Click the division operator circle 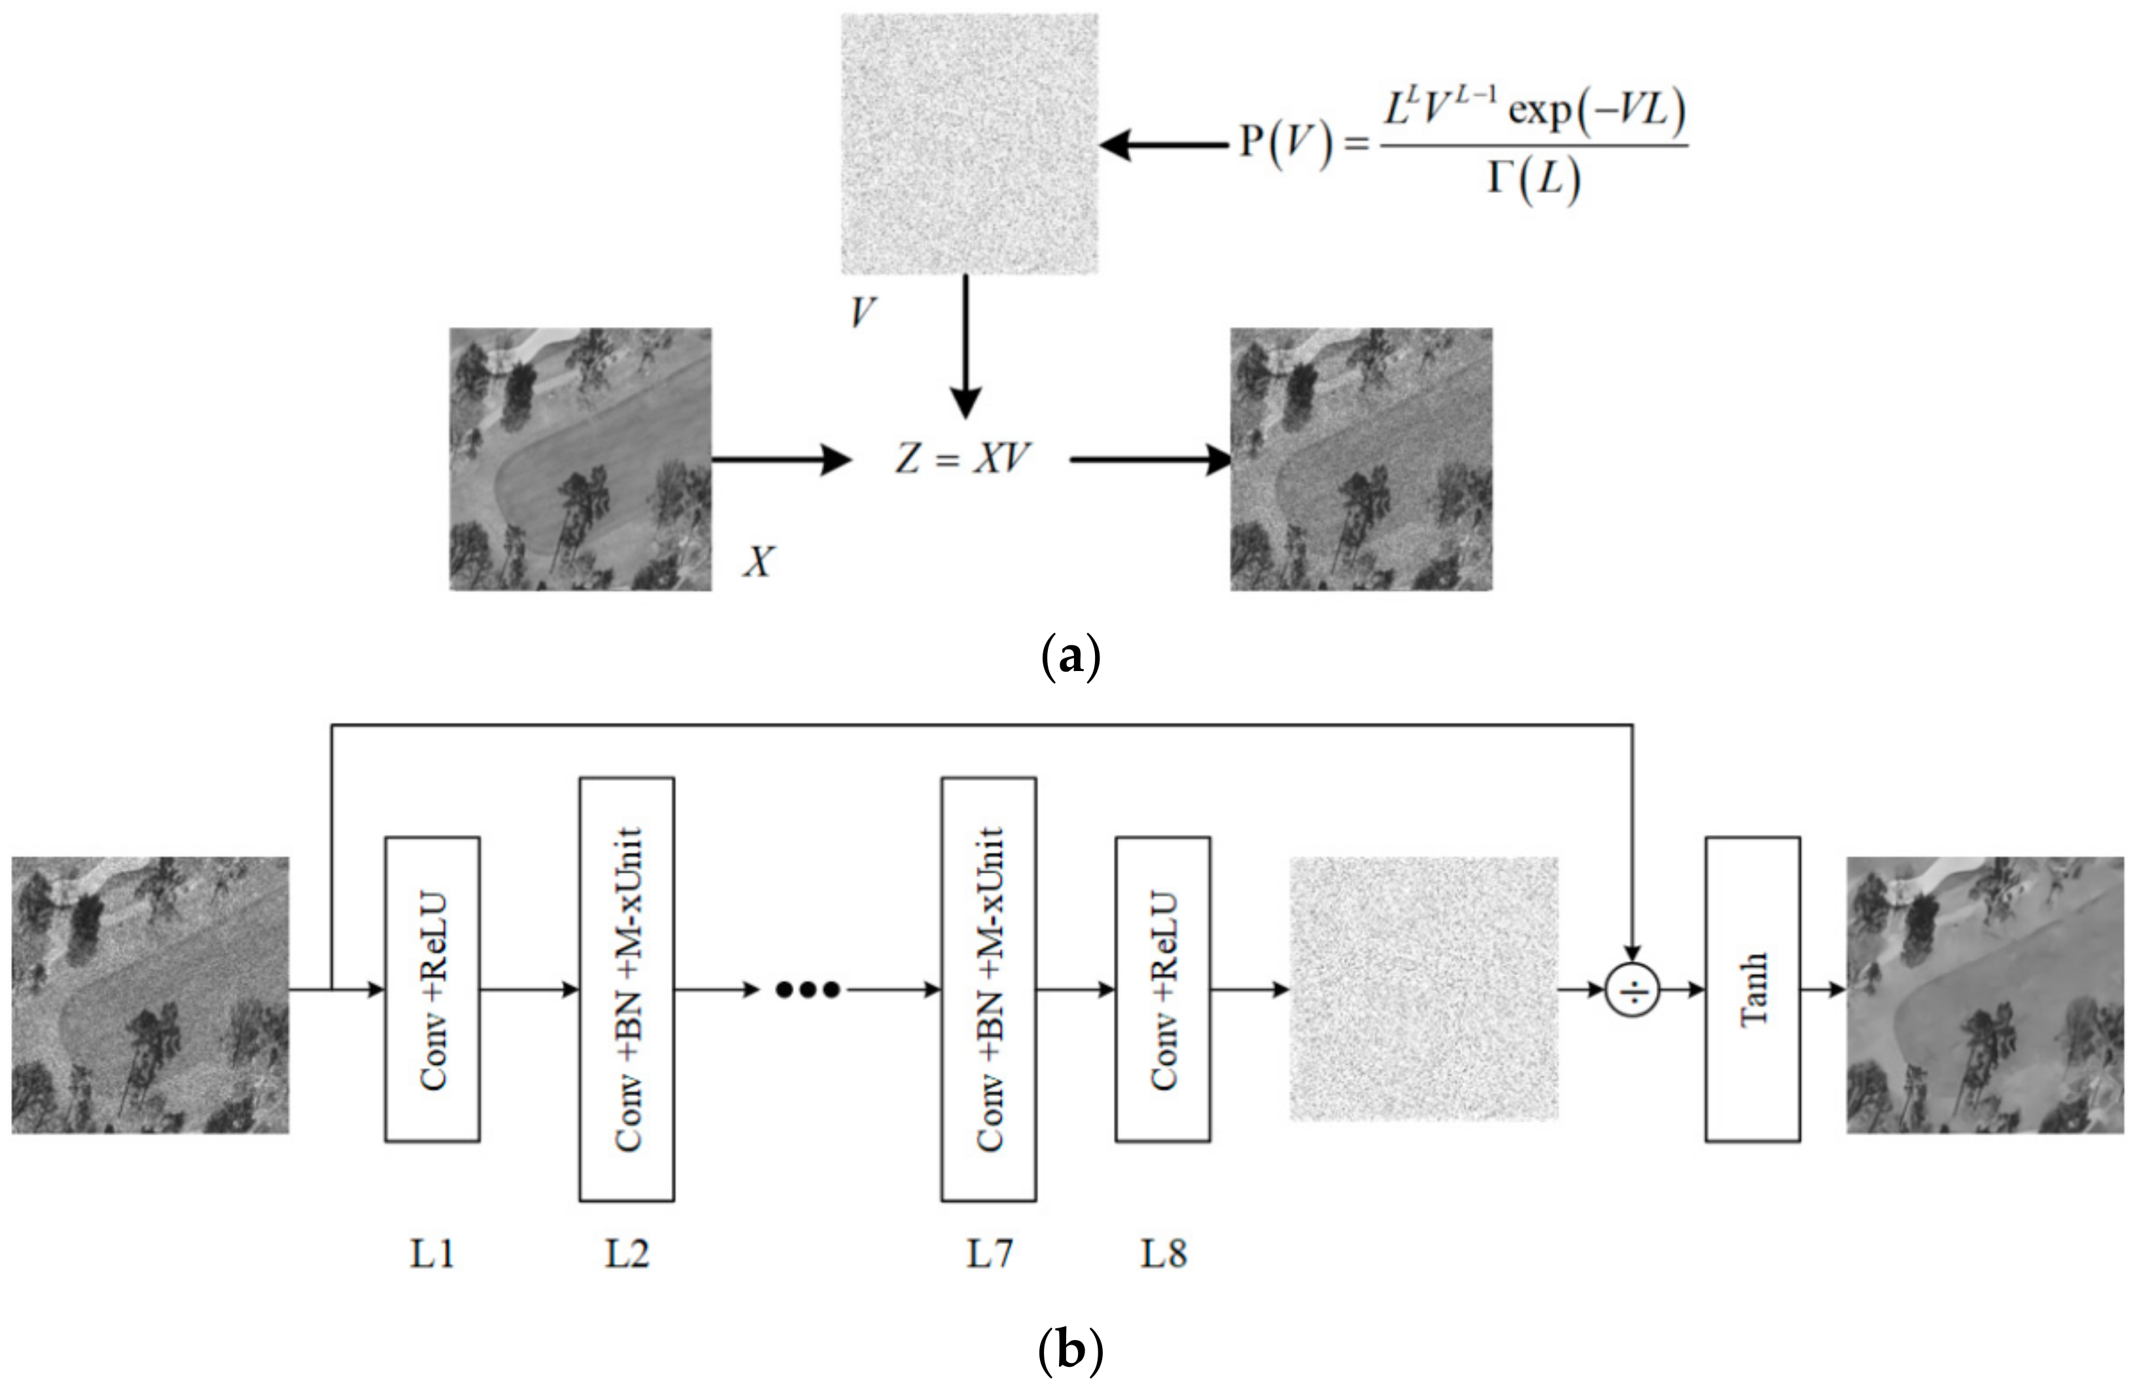(x=1632, y=989)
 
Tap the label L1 (x=432, y=1253)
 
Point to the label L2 (x=626, y=1253)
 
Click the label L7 (x=988, y=1253)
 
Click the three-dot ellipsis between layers (x=807, y=990)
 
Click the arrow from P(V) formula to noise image (x=1164, y=145)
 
